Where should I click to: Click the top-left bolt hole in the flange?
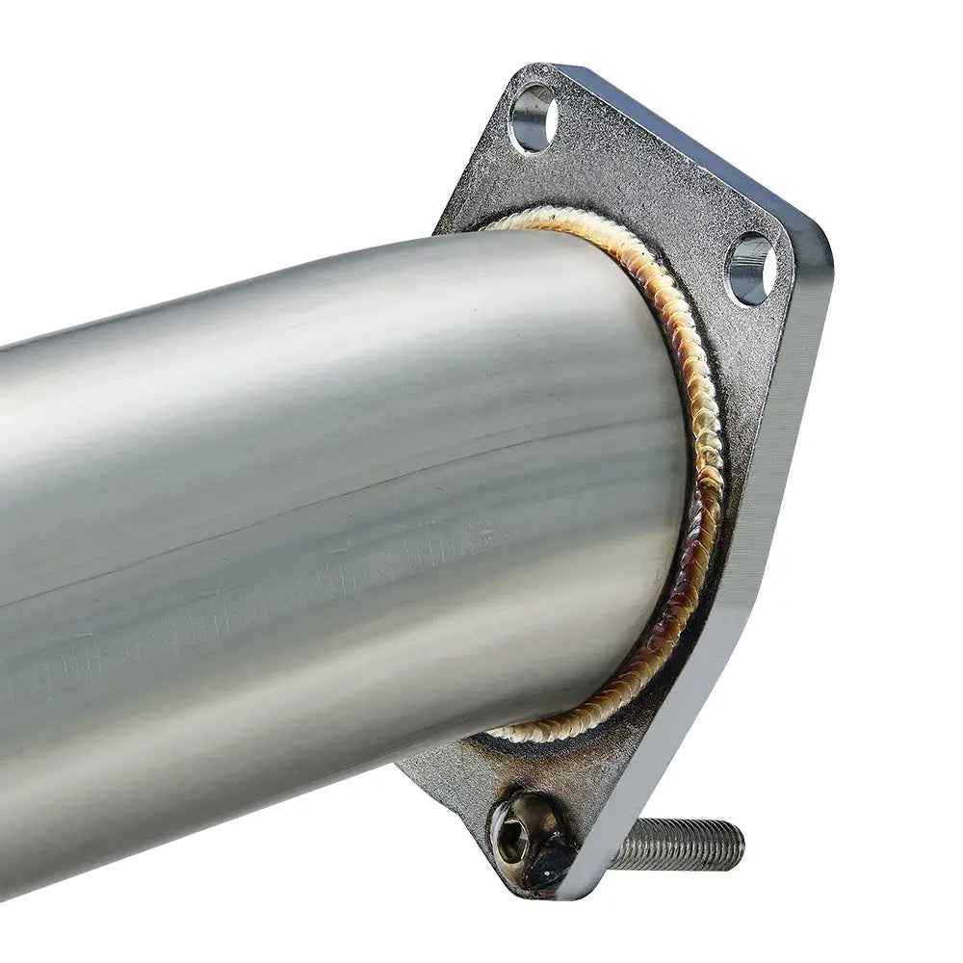pos(533,118)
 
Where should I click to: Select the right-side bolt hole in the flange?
pos(751,269)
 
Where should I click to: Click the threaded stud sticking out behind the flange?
pos(679,844)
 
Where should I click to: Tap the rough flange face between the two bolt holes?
pos(645,183)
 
